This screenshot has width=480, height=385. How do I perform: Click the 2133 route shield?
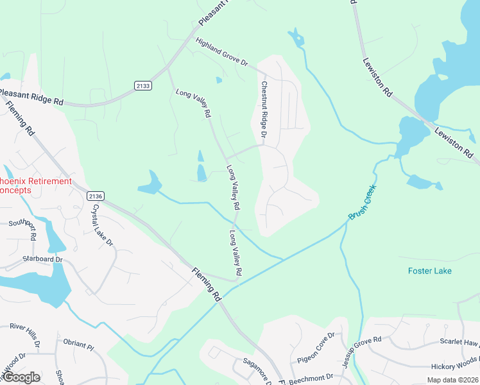coord(143,85)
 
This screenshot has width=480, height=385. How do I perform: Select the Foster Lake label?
coord(429,271)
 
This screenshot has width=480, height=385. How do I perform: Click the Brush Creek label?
coord(363,203)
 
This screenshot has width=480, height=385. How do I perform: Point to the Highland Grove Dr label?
coord(221,52)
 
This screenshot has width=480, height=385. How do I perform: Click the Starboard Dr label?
coord(42,259)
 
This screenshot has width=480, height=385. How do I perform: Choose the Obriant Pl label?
coord(79,345)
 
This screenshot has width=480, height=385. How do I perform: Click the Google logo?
coord(21,377)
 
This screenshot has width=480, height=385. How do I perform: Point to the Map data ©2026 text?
coord(451,380)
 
